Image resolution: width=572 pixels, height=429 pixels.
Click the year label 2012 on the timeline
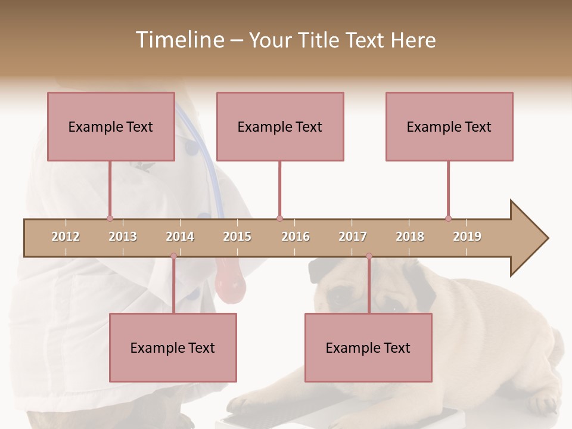tap(66, 237)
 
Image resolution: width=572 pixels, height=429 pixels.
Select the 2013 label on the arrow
tap(123, 237)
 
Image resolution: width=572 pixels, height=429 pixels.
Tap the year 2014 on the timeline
tap(180, 237)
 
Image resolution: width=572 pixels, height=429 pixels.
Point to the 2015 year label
tap(237, 237)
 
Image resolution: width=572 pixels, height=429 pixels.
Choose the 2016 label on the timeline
tap(296, 237)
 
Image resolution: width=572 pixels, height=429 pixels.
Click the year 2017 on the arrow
tap(353, 237)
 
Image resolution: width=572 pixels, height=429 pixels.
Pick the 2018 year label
tap(410, 237)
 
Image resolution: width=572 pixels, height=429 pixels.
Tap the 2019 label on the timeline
tap(467, 237)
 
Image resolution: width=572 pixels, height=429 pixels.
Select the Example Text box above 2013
tap(111, 126)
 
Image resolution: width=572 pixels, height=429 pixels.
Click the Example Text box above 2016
tap(280, 126)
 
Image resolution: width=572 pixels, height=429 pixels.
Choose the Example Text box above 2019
tap(449, 126)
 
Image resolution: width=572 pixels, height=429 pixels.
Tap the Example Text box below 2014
tap(173, 347)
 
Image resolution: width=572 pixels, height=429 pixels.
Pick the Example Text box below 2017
tap(368, 347)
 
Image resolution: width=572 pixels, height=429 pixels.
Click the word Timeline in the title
tap(178, 40)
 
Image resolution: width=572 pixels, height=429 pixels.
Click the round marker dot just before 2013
tap(110, 219)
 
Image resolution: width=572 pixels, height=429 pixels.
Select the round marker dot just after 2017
tap(369, 256)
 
